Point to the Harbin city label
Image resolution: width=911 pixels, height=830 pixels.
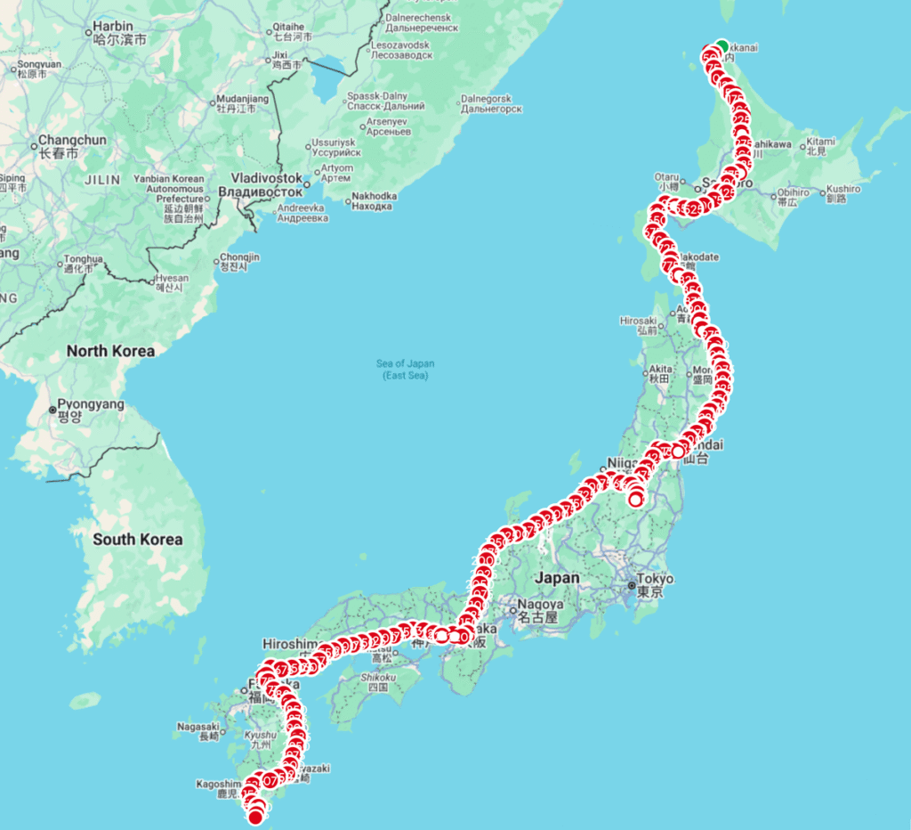114,32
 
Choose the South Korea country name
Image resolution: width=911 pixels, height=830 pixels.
137,539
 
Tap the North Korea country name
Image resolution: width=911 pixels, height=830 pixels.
110,351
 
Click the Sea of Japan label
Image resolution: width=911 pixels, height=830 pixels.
405,370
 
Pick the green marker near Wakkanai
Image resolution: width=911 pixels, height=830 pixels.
722,46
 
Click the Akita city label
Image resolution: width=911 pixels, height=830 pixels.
660,372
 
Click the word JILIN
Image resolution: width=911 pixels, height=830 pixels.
101,179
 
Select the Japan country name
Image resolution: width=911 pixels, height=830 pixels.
557,577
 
